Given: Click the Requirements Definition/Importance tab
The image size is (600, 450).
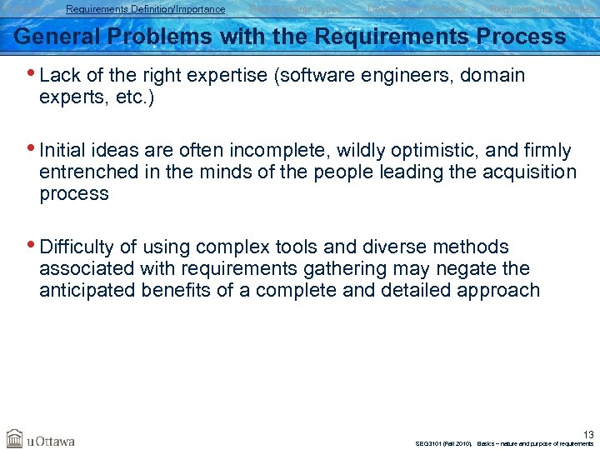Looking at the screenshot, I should click(x=145, y=9).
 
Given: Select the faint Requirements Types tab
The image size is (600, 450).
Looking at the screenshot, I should click(x=296, y=9).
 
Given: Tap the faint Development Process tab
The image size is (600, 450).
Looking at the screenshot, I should click(x=417, y=9).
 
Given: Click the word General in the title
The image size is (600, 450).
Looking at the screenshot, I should click(x=52, y=37).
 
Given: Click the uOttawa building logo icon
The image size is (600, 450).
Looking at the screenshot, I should click(x=14, y=438).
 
